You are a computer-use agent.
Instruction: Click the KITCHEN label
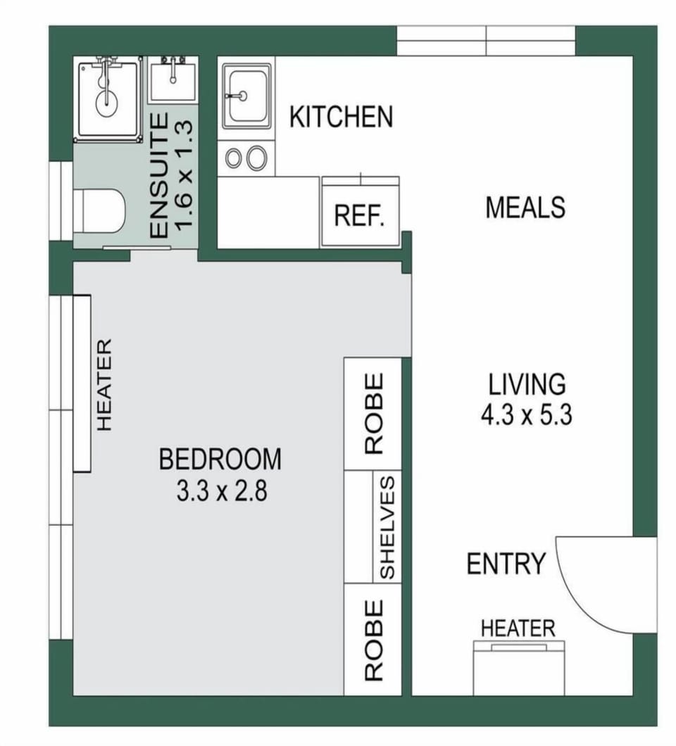342,117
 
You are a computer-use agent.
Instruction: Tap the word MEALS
525,208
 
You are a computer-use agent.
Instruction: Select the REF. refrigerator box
361,212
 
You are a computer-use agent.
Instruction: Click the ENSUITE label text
159,175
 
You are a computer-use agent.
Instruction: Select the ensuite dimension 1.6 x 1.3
184,175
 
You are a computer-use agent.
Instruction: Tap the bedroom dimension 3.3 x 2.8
222,491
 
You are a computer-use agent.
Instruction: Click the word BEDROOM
220,459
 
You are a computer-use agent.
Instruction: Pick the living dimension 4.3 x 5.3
526,415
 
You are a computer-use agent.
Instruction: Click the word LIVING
527,384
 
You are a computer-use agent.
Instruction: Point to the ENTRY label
506,564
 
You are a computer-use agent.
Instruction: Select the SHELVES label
387,528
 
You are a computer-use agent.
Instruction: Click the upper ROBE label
374,413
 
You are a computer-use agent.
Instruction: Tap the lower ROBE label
374,640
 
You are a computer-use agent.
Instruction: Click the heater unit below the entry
519,668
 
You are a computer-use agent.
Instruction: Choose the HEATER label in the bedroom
104,384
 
